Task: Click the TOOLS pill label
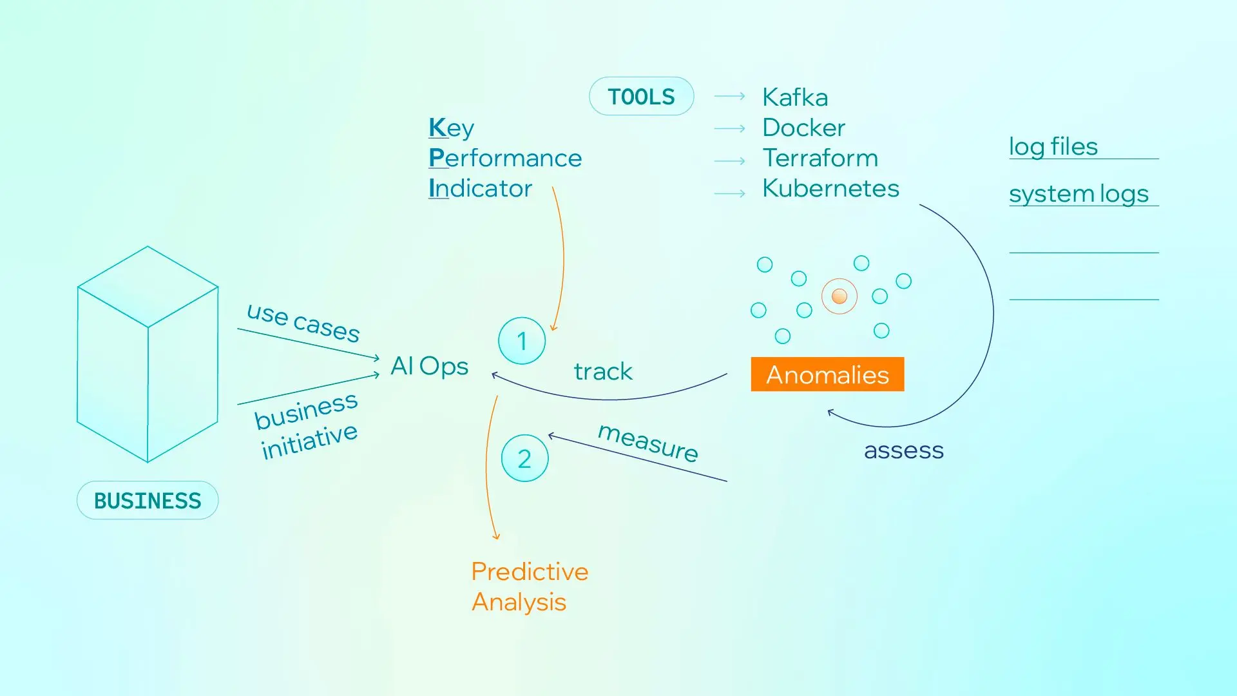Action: pos(641,97)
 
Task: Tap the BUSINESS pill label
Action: pos(148,501)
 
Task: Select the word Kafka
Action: pos(795,97)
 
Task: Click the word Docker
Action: pos(803,128)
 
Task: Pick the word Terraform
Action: pos(820,158)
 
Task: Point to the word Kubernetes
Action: pos(830,188)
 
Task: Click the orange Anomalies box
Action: pos(827,374)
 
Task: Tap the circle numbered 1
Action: pos(522,341)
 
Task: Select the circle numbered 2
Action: pos(524,459)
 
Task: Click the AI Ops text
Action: pos(429,366)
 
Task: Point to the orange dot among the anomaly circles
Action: pos(839,296)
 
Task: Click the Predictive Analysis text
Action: pos(529,586)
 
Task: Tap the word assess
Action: pos(903,450)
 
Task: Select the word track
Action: pos(603,371)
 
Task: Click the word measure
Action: pos(648,442)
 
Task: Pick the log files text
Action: pos(1053,146)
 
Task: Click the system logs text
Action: pos(1079,193)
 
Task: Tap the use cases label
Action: pos(303,322)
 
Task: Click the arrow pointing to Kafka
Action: pos(729,97)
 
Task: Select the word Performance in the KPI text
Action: pos(505,158)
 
